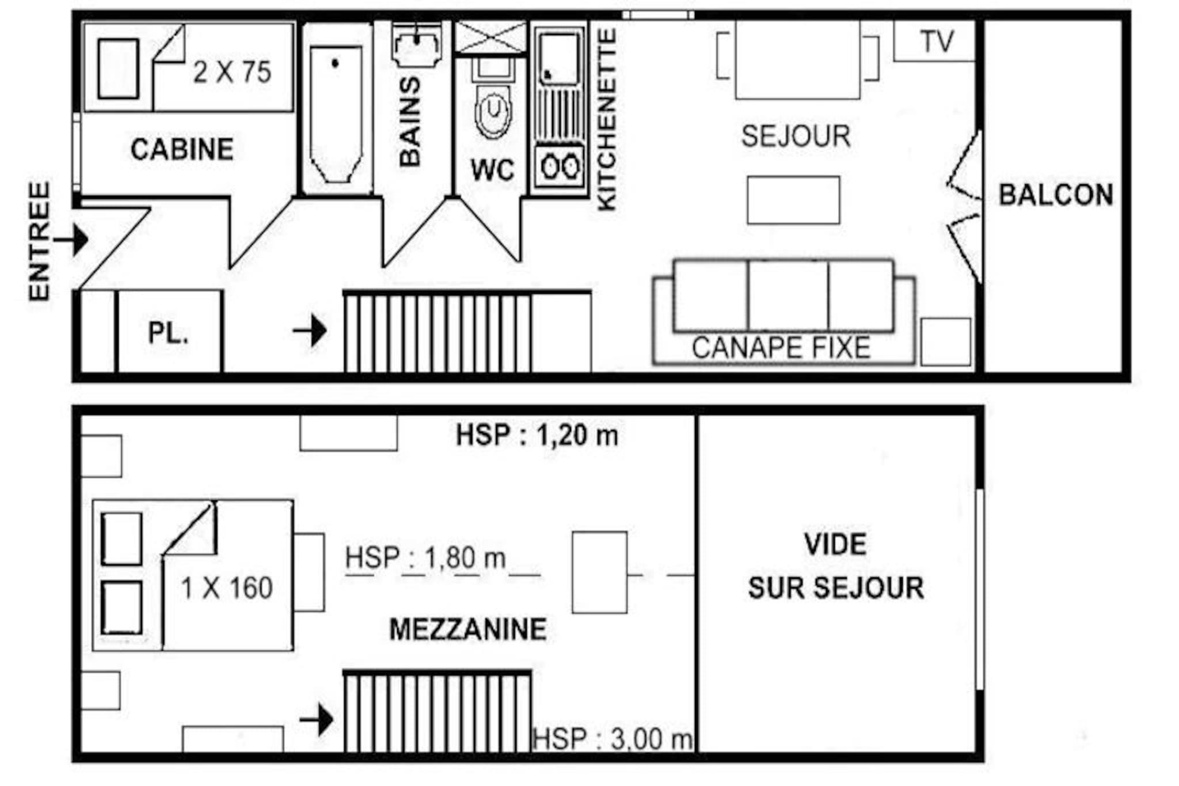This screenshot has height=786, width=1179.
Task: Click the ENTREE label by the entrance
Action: click(x=40, y=241)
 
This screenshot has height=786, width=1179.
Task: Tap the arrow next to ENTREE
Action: click(x=71, y=239)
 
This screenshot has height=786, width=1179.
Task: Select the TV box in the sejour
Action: click(x=934, y=41)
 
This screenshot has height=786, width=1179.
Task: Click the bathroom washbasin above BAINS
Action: click(x=417, y=44)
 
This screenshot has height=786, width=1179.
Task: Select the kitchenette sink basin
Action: click(x=559, y=58)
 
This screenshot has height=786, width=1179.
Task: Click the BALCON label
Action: click(x=1055, y=195)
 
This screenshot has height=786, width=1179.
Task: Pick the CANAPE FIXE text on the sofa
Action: click(x=781, y=348)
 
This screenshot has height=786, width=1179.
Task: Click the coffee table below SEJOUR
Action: click(x=793, y=200)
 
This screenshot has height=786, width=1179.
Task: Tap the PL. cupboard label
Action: click(x=168, y=333)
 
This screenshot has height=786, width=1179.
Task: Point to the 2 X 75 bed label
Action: click(x=232, y=72)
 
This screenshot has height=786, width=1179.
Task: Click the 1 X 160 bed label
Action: click(x=226, y=588)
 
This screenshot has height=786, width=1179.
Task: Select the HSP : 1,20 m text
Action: click(x=537, y=435)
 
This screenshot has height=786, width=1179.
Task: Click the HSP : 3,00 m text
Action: click(x=613, y=739)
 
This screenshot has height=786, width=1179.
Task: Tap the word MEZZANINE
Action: click(x=468, y=629)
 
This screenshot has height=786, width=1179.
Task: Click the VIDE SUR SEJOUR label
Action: click(x=836, y=566)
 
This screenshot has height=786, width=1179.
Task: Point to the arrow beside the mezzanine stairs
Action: click(x=317, y=720)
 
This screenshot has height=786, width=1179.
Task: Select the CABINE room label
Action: click(x=182, y=150)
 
